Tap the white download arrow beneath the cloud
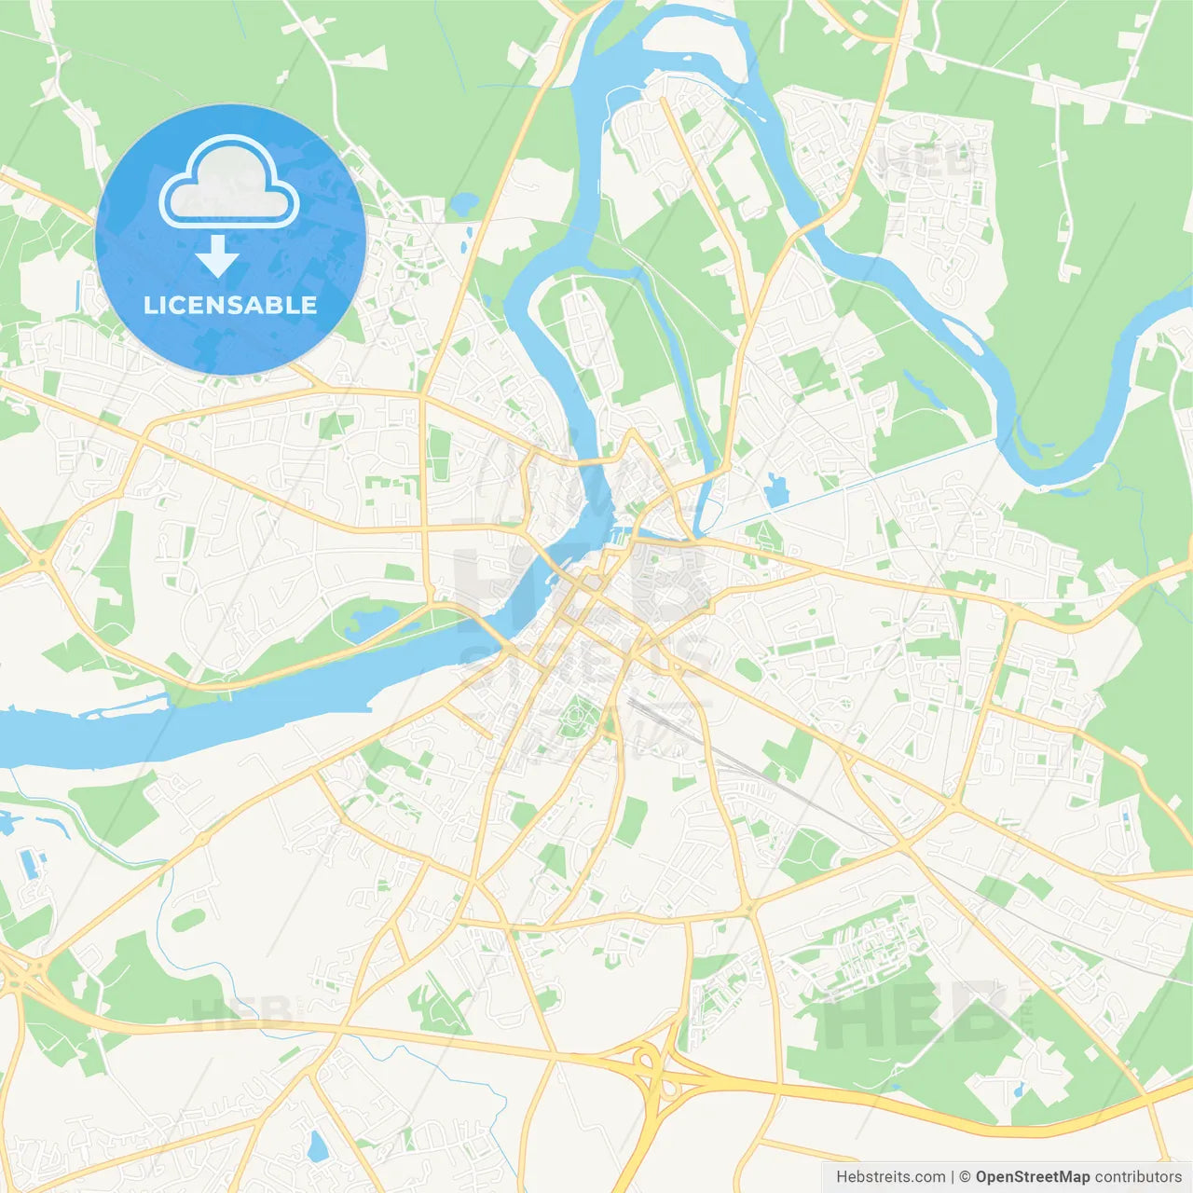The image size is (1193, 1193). pos(217,256)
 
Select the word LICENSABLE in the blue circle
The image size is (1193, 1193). pos(230,305)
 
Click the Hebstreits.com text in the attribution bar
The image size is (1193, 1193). pos(890,1177)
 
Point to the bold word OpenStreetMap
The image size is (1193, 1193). pos(1032,1177)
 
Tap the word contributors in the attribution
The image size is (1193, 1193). pos(1138,1177)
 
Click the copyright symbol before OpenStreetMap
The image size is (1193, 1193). pos(965,1177)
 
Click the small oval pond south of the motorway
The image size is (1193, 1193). pos(317,1145)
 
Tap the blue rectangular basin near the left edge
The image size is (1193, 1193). pos(28,863)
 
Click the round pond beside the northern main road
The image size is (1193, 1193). pos(464,202)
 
